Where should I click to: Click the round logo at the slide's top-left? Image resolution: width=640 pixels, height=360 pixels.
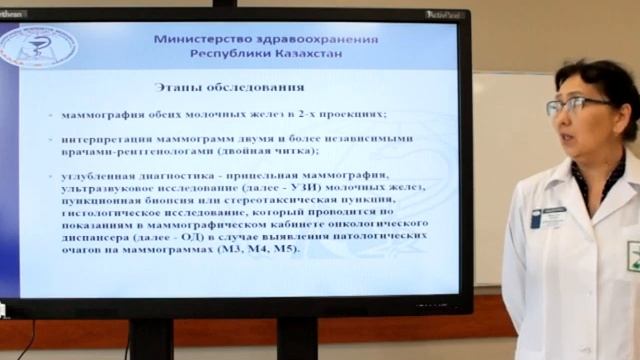point(37,46)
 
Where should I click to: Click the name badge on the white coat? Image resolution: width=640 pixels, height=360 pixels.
point(552,215)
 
